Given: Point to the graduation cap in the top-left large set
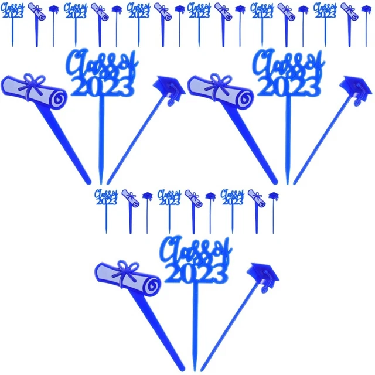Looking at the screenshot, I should click(x=169, y=88).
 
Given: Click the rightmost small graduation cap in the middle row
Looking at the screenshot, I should click(x=273, y=196).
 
